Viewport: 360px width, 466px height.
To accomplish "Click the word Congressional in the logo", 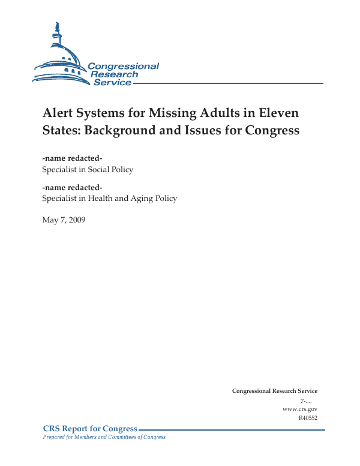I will point(123,67).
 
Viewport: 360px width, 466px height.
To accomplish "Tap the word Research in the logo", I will point(114,74).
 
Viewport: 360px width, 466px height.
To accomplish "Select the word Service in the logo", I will point(112,82).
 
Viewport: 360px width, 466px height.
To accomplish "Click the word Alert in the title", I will point(58,113).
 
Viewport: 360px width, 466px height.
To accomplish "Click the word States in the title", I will point(61,130).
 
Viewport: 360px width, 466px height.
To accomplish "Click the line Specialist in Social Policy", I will point(88,169).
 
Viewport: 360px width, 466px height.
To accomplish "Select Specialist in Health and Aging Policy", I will point(109,199).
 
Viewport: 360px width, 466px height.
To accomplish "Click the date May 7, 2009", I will point(64,220).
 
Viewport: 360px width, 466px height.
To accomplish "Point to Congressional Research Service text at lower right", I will point(274,391).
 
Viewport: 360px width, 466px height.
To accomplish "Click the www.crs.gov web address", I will point(299,408).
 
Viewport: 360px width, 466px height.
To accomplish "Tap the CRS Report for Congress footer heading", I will point(90,428).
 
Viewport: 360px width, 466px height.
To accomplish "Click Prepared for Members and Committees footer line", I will point(104,437).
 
